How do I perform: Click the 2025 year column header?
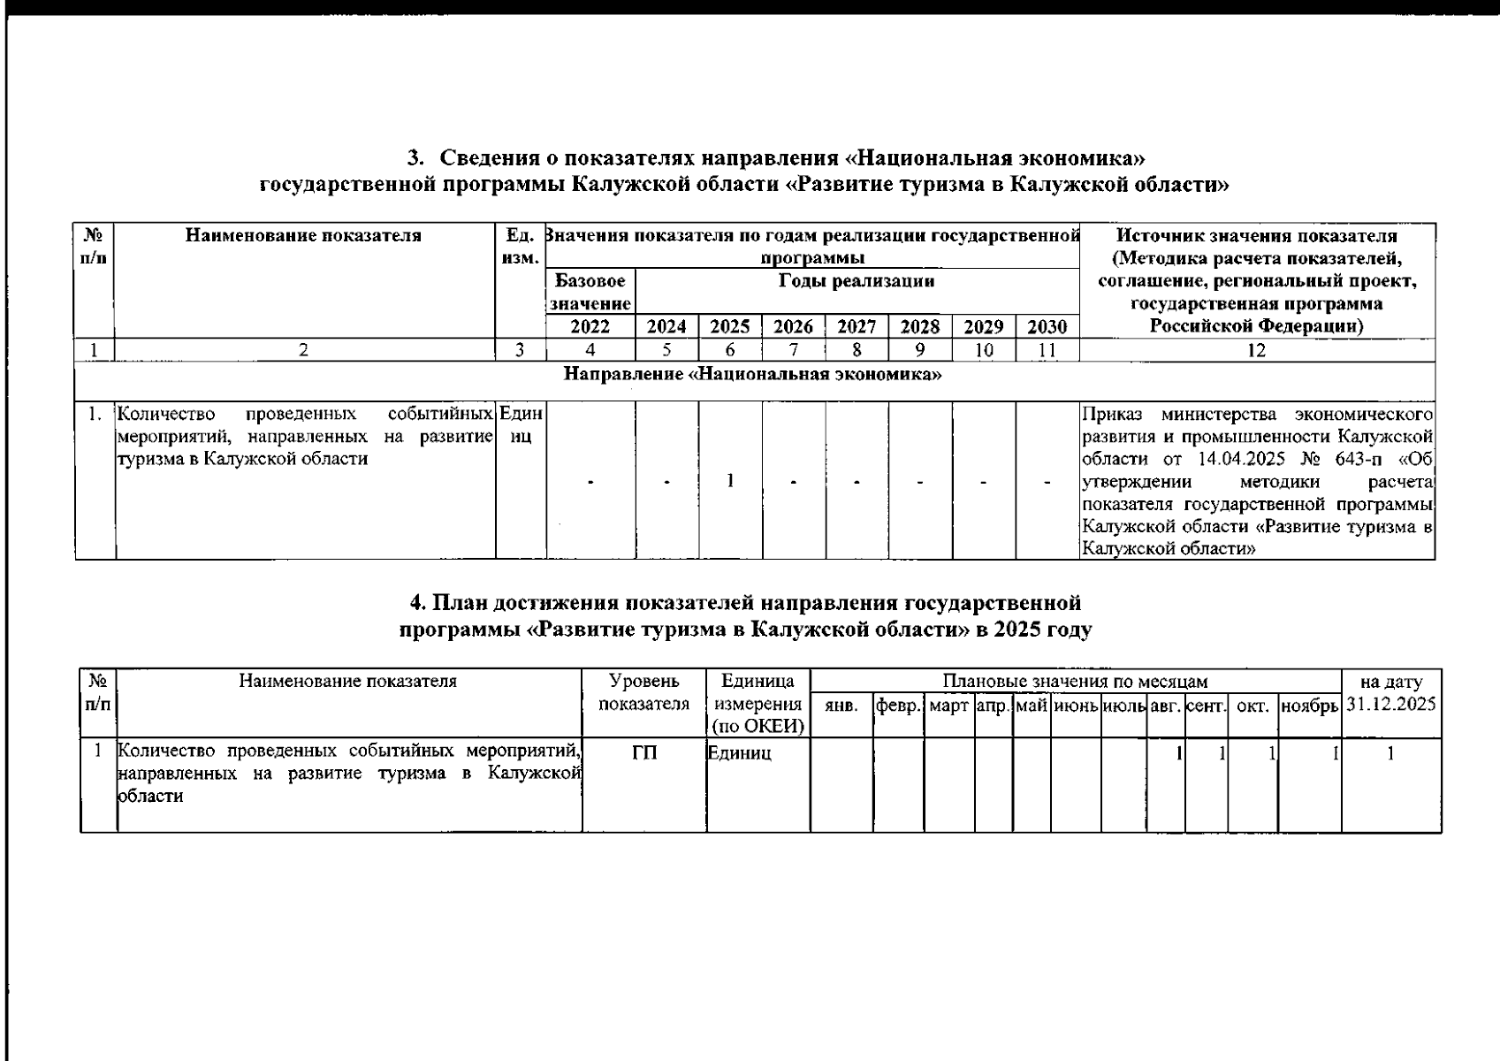pyautogui.click(x=730, y=327)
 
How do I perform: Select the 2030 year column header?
pyautogui.click(x=1047, y=327)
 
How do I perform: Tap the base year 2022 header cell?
pyautogui.click(x=590, y=327)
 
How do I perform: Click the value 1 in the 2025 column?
pyautogui.click(x=730, y=481)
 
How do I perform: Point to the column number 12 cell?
pyautogui.click(x=1256, y=350)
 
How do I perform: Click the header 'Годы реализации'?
pyautogui.click(x=857, y=281)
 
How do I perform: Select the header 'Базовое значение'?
pyautogui.click(x=590, y=293)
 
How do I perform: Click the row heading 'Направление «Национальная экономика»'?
pyautogui.click(x=752, y=374)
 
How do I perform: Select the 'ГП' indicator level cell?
pyautogui.click(x=644, y=753)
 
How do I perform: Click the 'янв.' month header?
pyautogui.click(x=841, y=706)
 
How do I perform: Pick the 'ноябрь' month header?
pyautogui.click(x=1309, y=706)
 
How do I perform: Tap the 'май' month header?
pyautogui.click(x=1032, y=706)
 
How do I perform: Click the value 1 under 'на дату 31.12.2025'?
pyautogui.click(x=1390, y=753)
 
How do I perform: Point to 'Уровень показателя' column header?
pyautogui.click(x=644, y=693)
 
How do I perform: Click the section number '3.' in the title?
pyautogui.click(x=415, y=159)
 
